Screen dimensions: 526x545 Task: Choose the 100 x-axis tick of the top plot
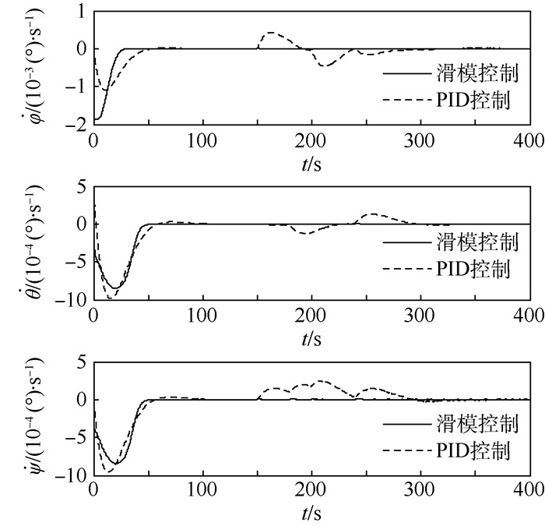[202, 141]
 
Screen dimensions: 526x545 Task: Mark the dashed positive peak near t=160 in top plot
[269, 33]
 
